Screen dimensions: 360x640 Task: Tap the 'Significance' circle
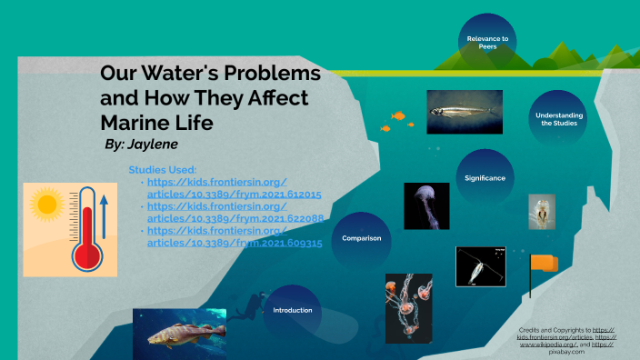pyautogui.click(x=485, y=178)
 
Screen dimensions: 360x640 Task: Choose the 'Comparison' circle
pyautogui.click(x=361, y=238)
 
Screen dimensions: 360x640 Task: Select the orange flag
pyautogui.click(x=543, y=264)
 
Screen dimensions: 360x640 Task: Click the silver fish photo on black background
pyautogui.click(x=464, y=113)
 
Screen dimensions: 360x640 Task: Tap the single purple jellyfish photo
pyautogui.click(x=426, y=206)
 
